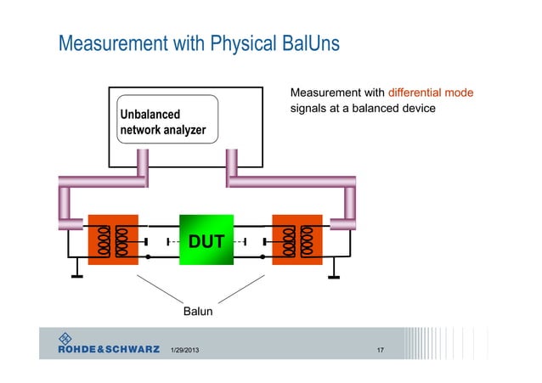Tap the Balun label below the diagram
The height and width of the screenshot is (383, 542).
click(x=198, y=313)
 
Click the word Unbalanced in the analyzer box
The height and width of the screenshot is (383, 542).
click(x=150, y=114)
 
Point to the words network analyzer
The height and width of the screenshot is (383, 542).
click(x=162, y=131)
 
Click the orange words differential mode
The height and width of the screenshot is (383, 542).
click(x=431, y=92)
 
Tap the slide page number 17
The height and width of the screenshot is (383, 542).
click(x=381, y=351)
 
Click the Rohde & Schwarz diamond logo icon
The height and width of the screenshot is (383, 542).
click(x=65, y=337)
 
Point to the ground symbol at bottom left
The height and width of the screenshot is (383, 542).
click(x=76, y=273)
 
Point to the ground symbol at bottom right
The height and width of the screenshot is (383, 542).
click(x=336, y=273)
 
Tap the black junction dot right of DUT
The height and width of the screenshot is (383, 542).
click(x=263, y=256)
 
